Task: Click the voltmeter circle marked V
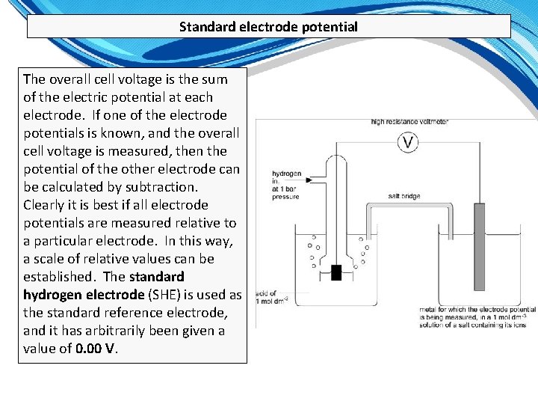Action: coord(407,142)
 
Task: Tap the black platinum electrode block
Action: coord(336,272)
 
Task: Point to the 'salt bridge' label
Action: coord(404,197)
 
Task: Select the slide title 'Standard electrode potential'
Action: coord(268,27)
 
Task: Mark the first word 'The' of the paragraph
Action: coord(35,79)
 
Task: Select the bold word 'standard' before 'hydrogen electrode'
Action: coord(157,277)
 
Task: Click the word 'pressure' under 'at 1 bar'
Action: coord(285,197)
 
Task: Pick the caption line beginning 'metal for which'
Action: coord(477,309)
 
